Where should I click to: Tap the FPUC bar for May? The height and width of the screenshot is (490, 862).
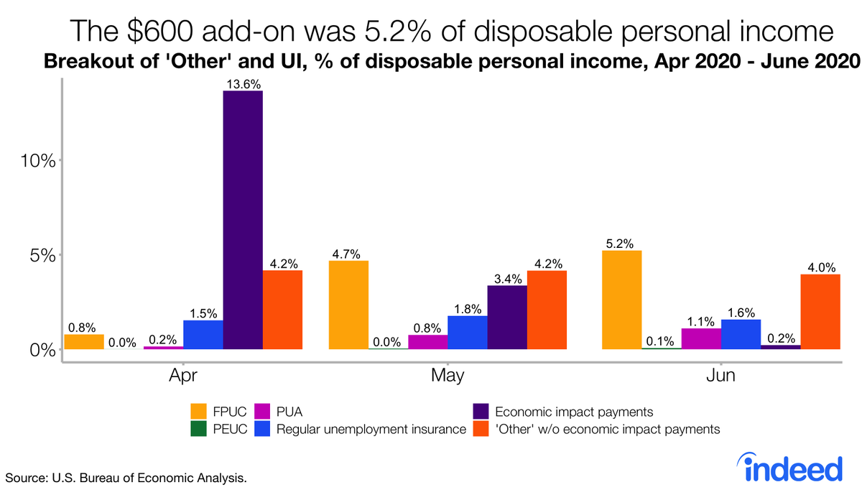pos(348,305)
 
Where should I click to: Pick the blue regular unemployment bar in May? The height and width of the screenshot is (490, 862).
pos(468,332)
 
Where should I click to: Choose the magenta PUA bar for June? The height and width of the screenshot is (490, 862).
pos(701,338)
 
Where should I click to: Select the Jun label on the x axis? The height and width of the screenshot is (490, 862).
pos(720,376)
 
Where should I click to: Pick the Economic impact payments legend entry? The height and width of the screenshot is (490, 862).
pos(574,412)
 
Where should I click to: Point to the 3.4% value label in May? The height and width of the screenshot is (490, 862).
pos(507,278)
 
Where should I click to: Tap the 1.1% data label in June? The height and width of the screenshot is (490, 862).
pos(701,321)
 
